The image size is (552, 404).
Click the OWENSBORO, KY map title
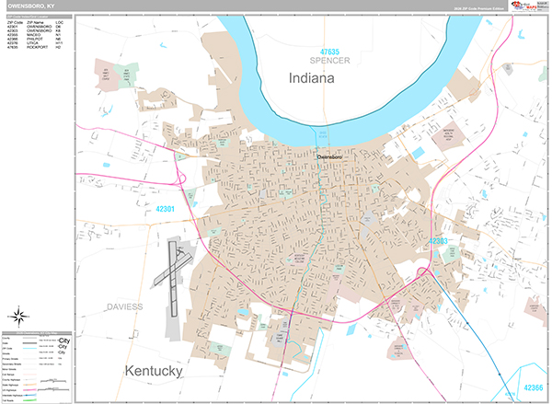click(x=30, y=6)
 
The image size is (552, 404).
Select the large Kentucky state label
click(x=151, y=371)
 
